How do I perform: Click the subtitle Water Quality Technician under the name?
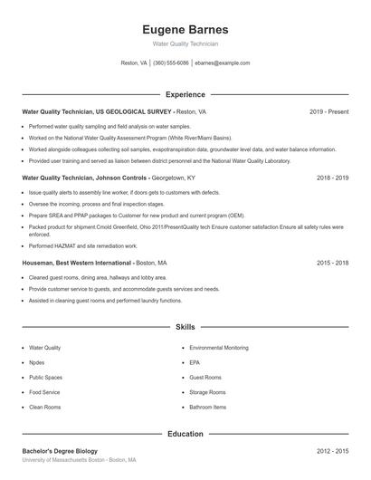[185, 43]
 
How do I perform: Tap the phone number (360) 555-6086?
[171, 63]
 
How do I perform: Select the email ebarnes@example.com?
[222, 63]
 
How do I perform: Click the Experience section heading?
[185, 94]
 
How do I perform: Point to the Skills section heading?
[185, 326]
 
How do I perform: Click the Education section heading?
[185, 434]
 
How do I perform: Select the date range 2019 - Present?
[328, 111]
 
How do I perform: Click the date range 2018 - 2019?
[332, 178]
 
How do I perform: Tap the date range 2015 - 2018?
[332, 263]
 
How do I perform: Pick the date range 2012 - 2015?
[332, 451]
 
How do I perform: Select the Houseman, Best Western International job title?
[77, 263]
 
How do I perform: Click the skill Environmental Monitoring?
[219, 348]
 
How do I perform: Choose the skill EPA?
[195, 362]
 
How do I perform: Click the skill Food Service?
[44, 392]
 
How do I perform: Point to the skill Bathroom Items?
[207, 407]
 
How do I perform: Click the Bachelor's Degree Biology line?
[60, 451]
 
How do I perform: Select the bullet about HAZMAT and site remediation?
[83, 245]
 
